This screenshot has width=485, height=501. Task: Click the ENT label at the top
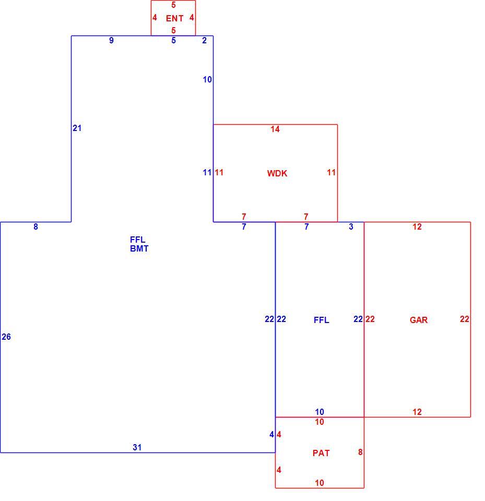coord(174,19)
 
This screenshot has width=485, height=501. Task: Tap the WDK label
coord(277,173)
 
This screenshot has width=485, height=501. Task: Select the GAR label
coord(419,320)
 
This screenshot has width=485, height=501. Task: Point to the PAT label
coord(321,453)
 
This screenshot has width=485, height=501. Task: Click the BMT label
coord(139,248)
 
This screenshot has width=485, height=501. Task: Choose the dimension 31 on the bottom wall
coord(137,447)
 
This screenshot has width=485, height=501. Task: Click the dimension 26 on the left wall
coord(6,337)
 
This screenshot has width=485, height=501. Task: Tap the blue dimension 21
coord(77,128)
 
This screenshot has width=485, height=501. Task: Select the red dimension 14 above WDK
coord(275,129)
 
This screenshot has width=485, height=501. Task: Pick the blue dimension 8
coord(36,226)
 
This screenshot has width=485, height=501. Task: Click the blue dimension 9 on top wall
coord(111,40)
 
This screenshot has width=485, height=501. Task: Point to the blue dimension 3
coord(351,226)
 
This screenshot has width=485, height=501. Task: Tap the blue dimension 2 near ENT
coord(204,40)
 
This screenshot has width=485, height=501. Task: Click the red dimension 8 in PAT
coord(360,452)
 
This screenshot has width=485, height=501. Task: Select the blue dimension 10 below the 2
coord(207,79)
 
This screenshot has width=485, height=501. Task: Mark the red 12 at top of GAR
coord(417,226)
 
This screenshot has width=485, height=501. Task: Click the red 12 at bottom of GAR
coord(417,412)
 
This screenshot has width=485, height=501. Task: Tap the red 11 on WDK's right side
coord(331,173)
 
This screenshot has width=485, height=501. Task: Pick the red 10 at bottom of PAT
coord(320,483)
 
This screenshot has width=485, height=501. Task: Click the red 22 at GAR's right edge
coord(465,319)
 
